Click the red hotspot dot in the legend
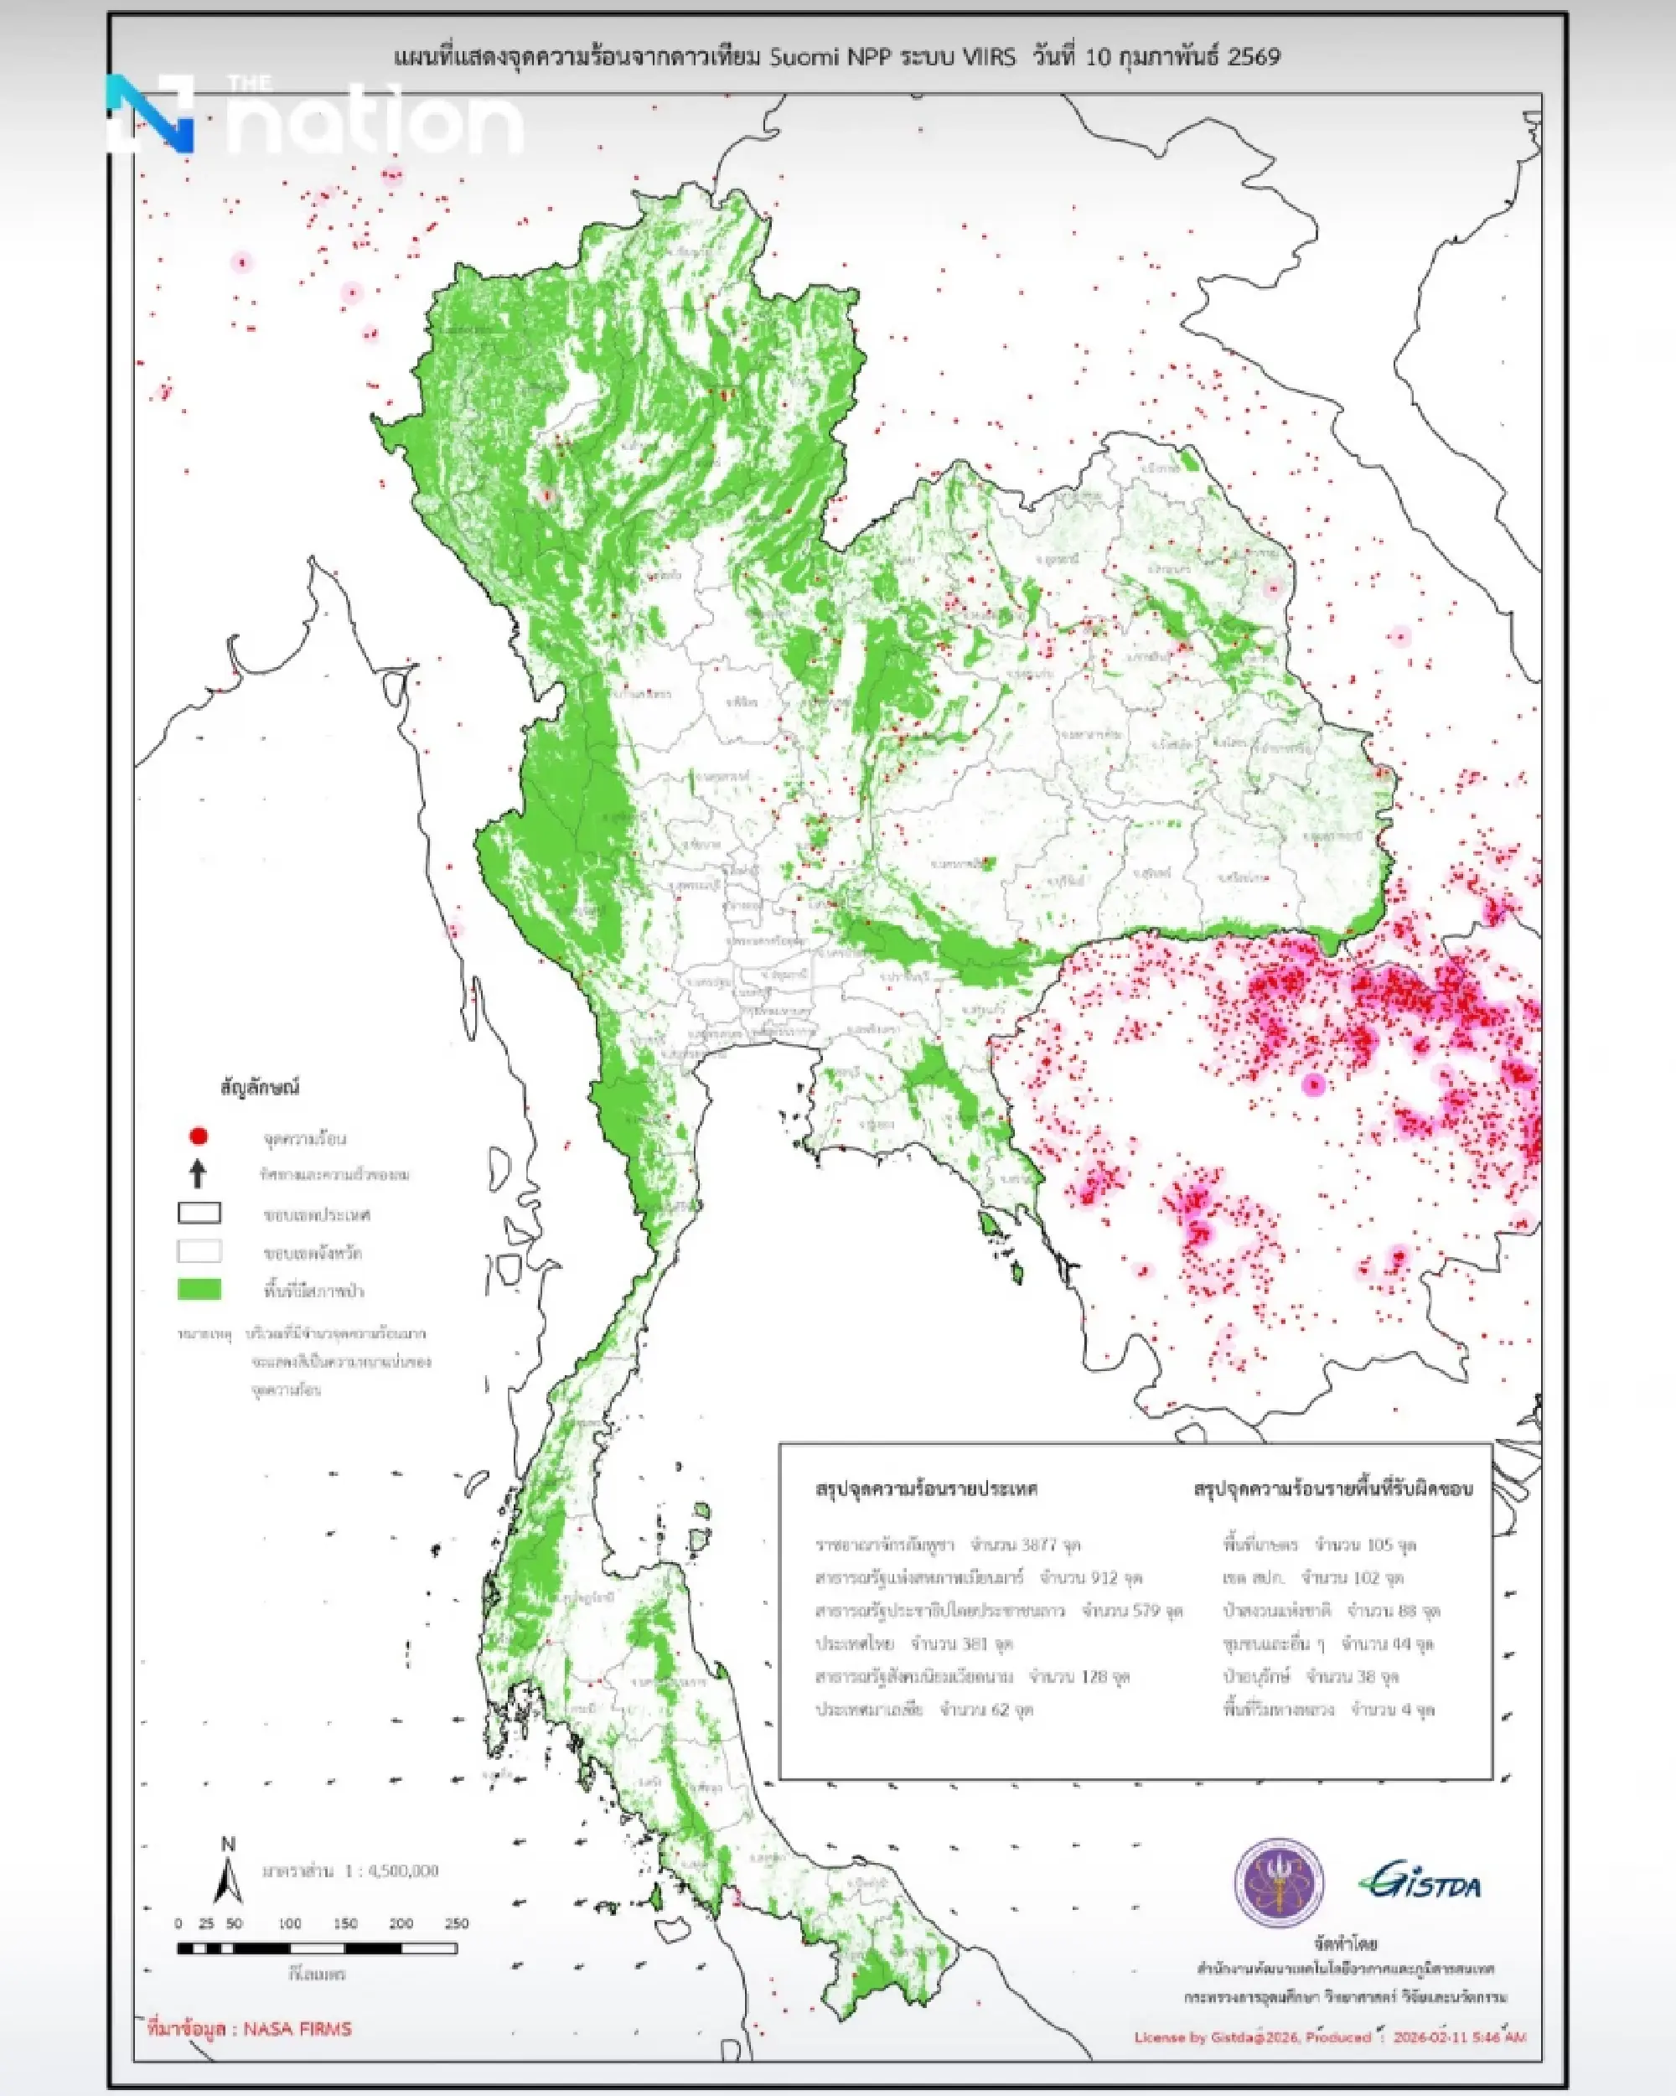coord(199,1136)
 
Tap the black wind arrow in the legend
coord(199,1173)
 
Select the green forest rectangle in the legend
coord(199,1289)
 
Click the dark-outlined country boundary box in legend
coord(199,1214)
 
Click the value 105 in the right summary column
coord(1379,1544)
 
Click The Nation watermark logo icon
coord(151,114)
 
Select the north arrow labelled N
coord(227,1872)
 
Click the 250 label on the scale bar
coord(455,1923)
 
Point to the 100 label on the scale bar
coord(289,1923)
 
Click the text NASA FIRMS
coord(297,2029)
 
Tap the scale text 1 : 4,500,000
coord(392,1871)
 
